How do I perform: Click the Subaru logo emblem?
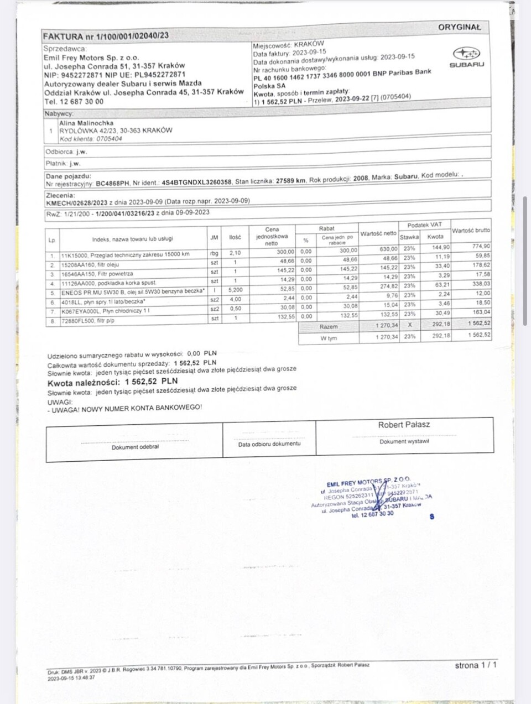(466, 54)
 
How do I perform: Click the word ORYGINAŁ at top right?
(460, 27)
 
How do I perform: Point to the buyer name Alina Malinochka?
(86, 123)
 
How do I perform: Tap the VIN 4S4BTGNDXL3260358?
(196, 182)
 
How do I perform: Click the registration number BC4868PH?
(112, 183)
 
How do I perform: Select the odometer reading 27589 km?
(291, 181)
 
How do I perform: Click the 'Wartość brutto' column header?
(471, 230)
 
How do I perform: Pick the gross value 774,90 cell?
(481, 246)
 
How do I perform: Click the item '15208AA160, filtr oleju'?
(90, 265)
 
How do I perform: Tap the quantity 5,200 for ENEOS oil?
(235, 290)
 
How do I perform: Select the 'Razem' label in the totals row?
(329, 327)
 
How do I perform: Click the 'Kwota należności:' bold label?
(84, 383)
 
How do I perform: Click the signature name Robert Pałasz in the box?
(404, 425)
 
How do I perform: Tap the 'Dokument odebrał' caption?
(135, 447)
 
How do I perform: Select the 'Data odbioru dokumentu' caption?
(269, 444)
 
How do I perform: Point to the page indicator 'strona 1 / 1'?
(476, 665)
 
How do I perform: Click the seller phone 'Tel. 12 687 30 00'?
(74, 102)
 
